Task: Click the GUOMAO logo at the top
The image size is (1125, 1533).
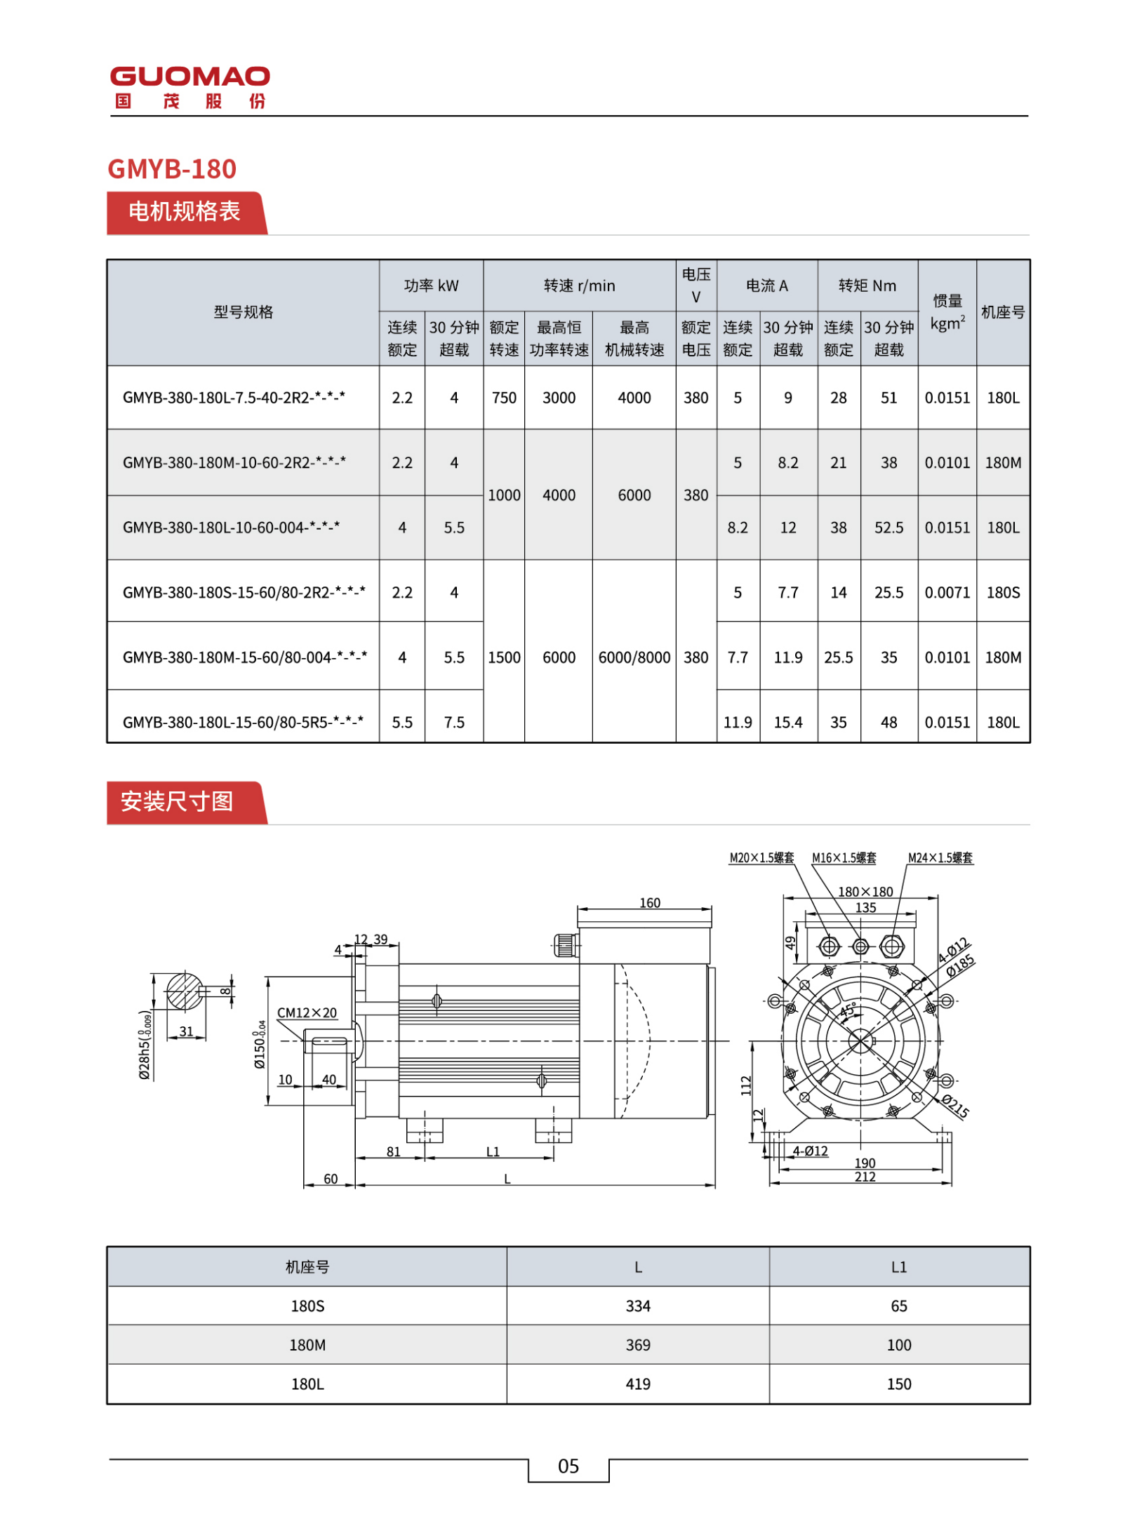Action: point(189,86)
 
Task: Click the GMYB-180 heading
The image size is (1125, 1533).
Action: point(171,169)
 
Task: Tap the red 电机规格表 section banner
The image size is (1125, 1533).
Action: point(184,211)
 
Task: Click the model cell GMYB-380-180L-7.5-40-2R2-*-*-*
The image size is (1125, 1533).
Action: point(234,398)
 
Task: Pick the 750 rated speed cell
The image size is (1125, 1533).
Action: point(503,398)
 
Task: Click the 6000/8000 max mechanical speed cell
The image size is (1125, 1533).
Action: point(633,657)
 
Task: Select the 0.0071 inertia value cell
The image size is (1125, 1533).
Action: point(946,592)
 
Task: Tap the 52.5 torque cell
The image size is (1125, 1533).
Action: point(888,528)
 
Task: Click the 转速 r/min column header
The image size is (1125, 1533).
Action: point(578,286)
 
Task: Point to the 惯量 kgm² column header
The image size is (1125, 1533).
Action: point(946,312)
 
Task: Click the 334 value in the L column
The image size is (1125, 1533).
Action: point(637,1306)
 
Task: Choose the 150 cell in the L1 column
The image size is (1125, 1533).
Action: point(898,1384)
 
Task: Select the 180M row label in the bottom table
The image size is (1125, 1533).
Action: point(307,1345)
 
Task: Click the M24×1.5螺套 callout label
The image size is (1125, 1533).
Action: point(940,857)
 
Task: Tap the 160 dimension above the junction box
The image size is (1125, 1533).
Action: point(649,903)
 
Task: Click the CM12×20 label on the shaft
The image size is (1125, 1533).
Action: point(307,1012)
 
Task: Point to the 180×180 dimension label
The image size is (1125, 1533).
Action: point(865,892)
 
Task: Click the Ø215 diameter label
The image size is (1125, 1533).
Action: point(954,1106)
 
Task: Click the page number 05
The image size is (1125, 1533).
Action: point(568,1466)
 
